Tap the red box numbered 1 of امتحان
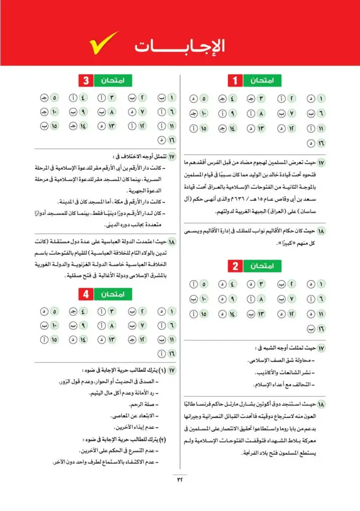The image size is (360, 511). pos(235,80)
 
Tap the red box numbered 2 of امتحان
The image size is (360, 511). pos(235,266)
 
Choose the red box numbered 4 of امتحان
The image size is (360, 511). pos(86,294)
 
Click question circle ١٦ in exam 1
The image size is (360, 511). pos(321,143)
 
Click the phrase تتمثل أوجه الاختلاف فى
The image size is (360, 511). pos(139,157)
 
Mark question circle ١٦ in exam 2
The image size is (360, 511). pos(321,329)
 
